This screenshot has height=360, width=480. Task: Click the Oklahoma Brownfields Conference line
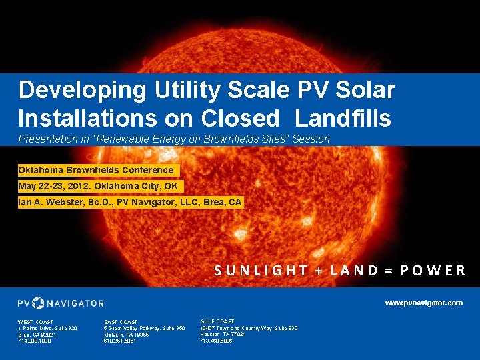coord(96,170)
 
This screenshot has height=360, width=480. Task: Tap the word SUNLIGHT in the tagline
coord(261,270)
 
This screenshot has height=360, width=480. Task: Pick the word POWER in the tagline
coord(433,270)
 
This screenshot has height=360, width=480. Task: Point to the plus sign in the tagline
coord(319,270)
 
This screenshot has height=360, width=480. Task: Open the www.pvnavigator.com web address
coord(423,303)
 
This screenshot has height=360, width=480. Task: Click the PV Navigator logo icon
coord(38,303)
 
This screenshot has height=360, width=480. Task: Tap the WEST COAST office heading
coord(36,322)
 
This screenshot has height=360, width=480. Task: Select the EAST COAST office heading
coord(121,322)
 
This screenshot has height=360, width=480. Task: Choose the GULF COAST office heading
coord(217,321)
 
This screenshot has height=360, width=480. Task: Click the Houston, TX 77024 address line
coord(223,334)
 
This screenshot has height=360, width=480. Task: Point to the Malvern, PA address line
coord(126,335)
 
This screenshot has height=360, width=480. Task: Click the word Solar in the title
coord(361,89)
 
